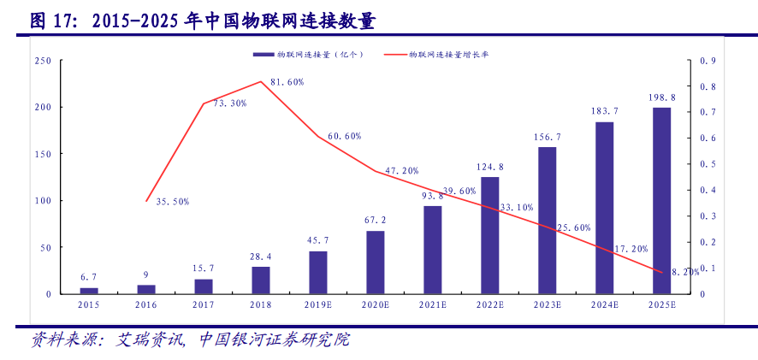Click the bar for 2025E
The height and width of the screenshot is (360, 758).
click(661, 200)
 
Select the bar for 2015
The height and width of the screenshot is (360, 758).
click(89, 291)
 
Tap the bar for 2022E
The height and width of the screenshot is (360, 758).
click(489, 235)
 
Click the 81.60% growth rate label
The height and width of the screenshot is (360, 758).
click(287, 82)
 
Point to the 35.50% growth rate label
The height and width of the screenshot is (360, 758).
click(173, 202)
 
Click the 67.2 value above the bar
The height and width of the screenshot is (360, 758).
click(375, 220)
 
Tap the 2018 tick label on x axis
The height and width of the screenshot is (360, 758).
click(260, 304)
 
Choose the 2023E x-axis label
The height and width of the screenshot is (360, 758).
click(547, 304)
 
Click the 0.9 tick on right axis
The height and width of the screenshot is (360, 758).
click(708, 61)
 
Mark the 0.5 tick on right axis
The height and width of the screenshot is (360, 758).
click(708, 164)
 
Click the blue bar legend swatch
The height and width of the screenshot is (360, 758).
click(262, 55)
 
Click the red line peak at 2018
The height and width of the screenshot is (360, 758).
click(261, 82)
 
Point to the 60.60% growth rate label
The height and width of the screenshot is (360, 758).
click(344, 136)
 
